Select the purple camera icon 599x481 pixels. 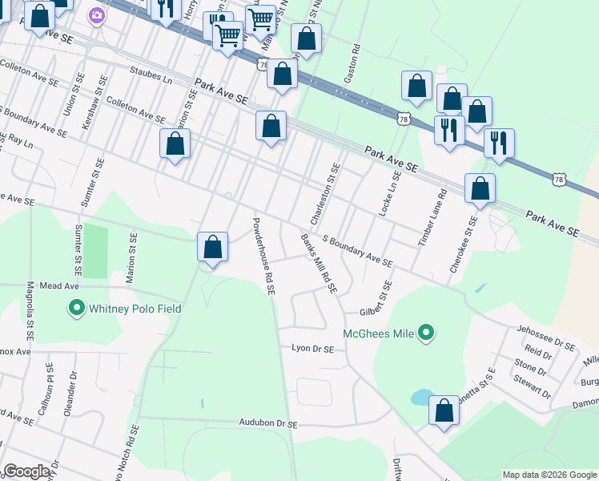[97, 16]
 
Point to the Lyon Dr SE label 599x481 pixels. [312, 349]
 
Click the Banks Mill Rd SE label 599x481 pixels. [319, 263]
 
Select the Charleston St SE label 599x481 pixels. [325, 194]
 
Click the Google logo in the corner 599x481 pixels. [26, 471]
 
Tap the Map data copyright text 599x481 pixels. [549, 475]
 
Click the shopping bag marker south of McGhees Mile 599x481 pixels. [444, 410]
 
